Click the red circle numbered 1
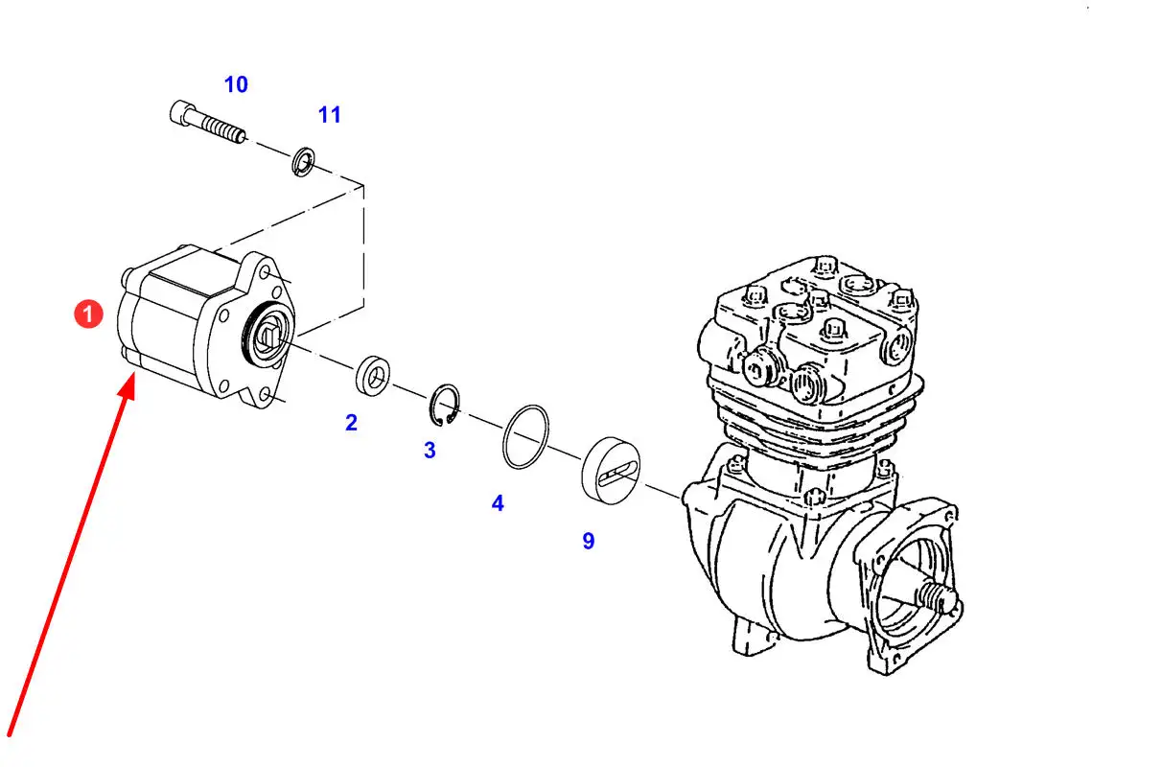coord(88,314)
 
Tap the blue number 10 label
coord(236,84)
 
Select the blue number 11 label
coord(330,115)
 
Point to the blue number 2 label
coord(351,423)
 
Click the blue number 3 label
coord(430,451)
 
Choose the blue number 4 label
coord(498,503)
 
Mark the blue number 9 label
coord(589,541)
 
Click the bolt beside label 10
coord(208,122)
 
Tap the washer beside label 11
coord(303,161)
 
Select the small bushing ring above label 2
coord(373,376)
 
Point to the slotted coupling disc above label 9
coord(611,471)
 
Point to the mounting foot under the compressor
coord(754,639)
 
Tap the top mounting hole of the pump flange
coord(265,271)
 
